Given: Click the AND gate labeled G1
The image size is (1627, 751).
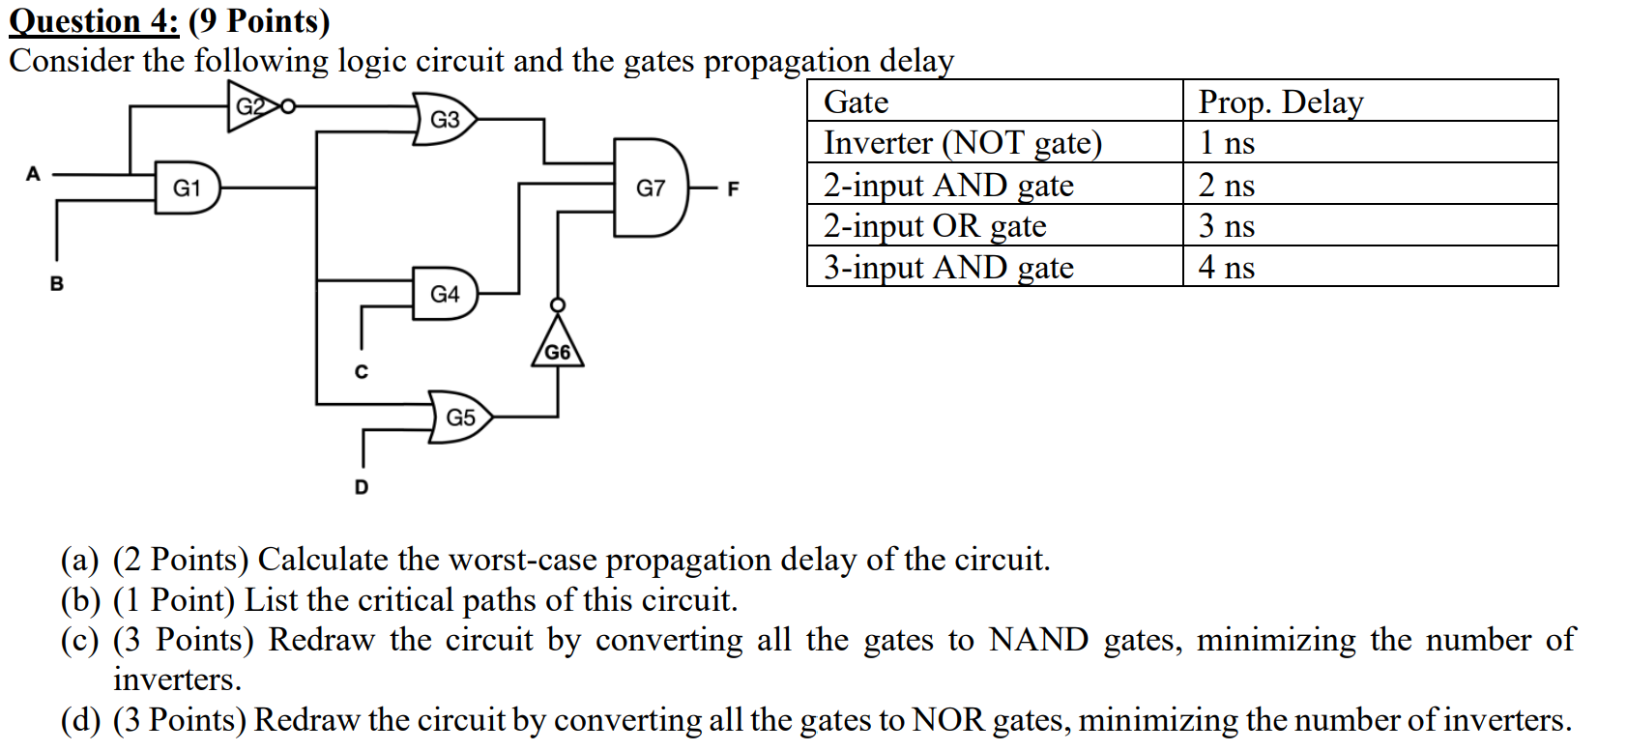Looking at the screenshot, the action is (188, 188).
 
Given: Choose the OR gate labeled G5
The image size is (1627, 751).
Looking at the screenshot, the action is (460, 417).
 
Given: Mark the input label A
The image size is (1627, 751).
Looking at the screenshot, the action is (33, 174).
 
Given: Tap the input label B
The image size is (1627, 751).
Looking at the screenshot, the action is (57, 283).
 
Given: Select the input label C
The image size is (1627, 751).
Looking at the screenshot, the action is (361, 372).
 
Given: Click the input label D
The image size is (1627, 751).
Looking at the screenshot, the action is (362, 486).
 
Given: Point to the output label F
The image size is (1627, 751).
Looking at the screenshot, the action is (733, 188).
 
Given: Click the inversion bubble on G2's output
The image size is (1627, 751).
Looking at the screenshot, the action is (288, 106).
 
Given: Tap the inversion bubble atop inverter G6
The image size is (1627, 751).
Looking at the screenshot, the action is (557, 305).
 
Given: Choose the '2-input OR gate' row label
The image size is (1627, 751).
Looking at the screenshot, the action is (935, 226).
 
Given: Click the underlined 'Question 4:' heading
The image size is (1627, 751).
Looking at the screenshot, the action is (94, 22).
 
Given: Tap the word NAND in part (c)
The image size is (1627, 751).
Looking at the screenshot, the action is (1038, 640).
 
